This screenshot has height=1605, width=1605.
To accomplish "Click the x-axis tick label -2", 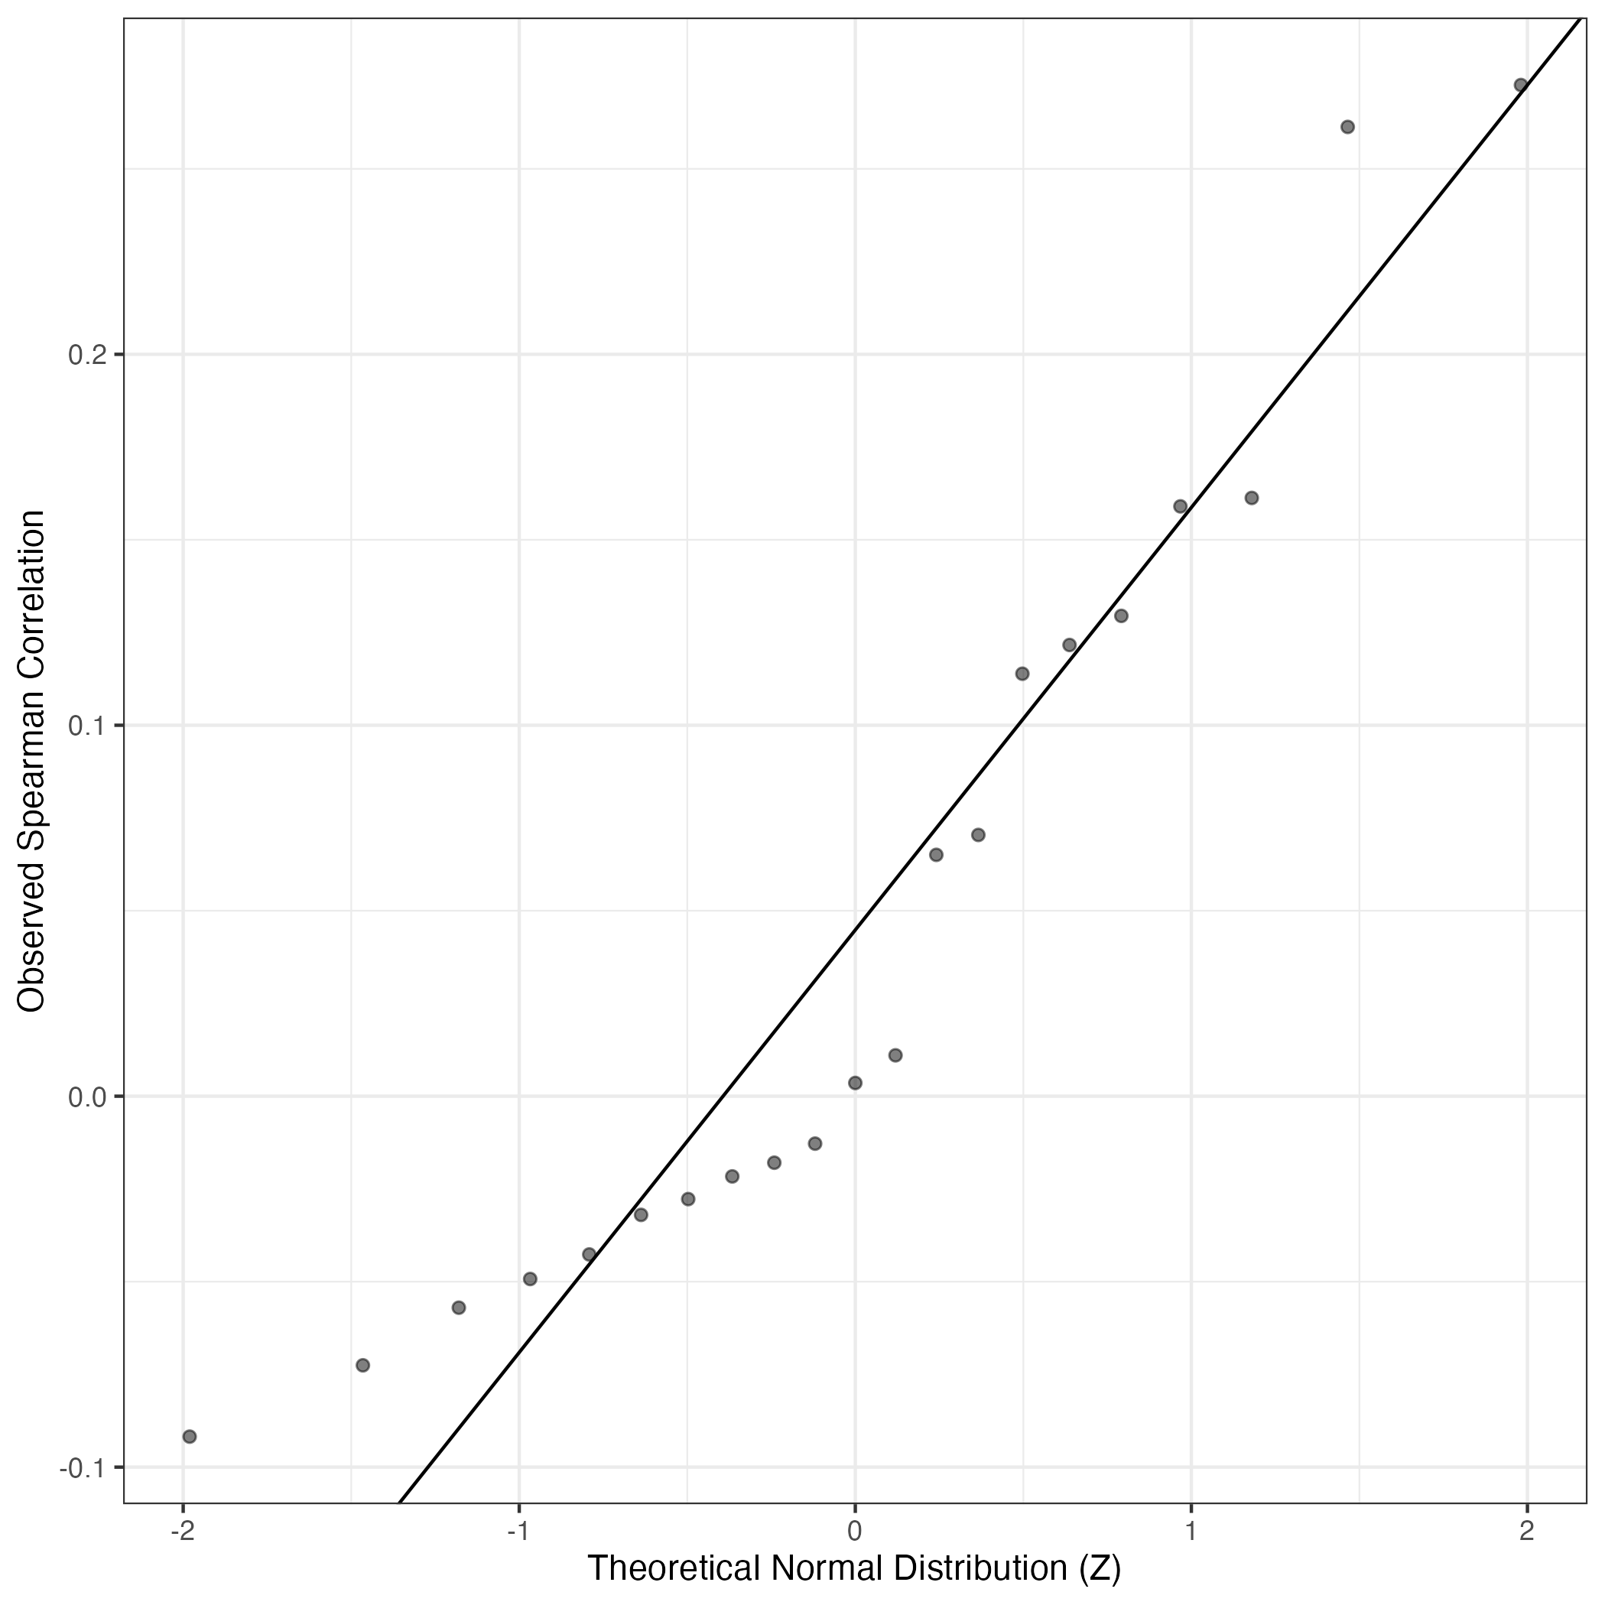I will coord(181,1532).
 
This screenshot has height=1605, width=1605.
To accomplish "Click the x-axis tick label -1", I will coord(518,1532).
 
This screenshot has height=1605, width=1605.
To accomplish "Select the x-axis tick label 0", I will coord(855,1532).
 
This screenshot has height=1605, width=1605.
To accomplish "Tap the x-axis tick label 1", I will coord(1191,1532).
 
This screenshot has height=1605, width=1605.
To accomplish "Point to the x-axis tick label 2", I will coord(1526,1532).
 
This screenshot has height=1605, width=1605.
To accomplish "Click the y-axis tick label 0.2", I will coord(89,356).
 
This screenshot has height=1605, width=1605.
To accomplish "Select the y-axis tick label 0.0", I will coord(89,1097).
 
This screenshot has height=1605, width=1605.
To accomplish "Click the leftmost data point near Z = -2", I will coord(190,1436).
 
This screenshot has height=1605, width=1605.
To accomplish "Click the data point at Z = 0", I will coord(855,1083).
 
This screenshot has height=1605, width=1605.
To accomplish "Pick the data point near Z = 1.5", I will coord(1347,127).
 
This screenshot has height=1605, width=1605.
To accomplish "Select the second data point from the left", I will coord(362,1365).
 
